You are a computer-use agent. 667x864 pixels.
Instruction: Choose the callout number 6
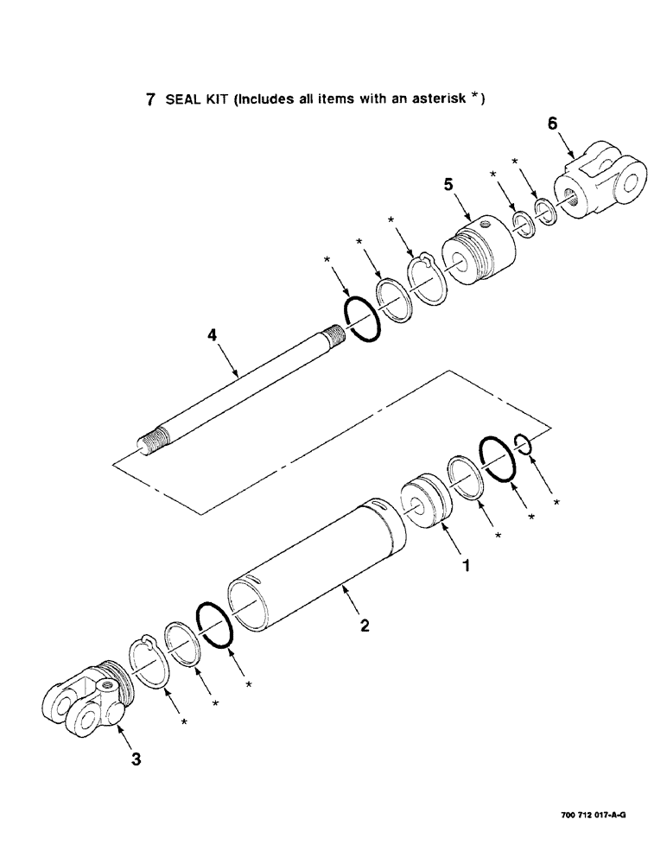click(x=552, y=124)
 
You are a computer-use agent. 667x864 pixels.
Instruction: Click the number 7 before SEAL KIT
click(x=150, y=99)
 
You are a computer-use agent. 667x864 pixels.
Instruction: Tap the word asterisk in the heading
click(x=438, y=99)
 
